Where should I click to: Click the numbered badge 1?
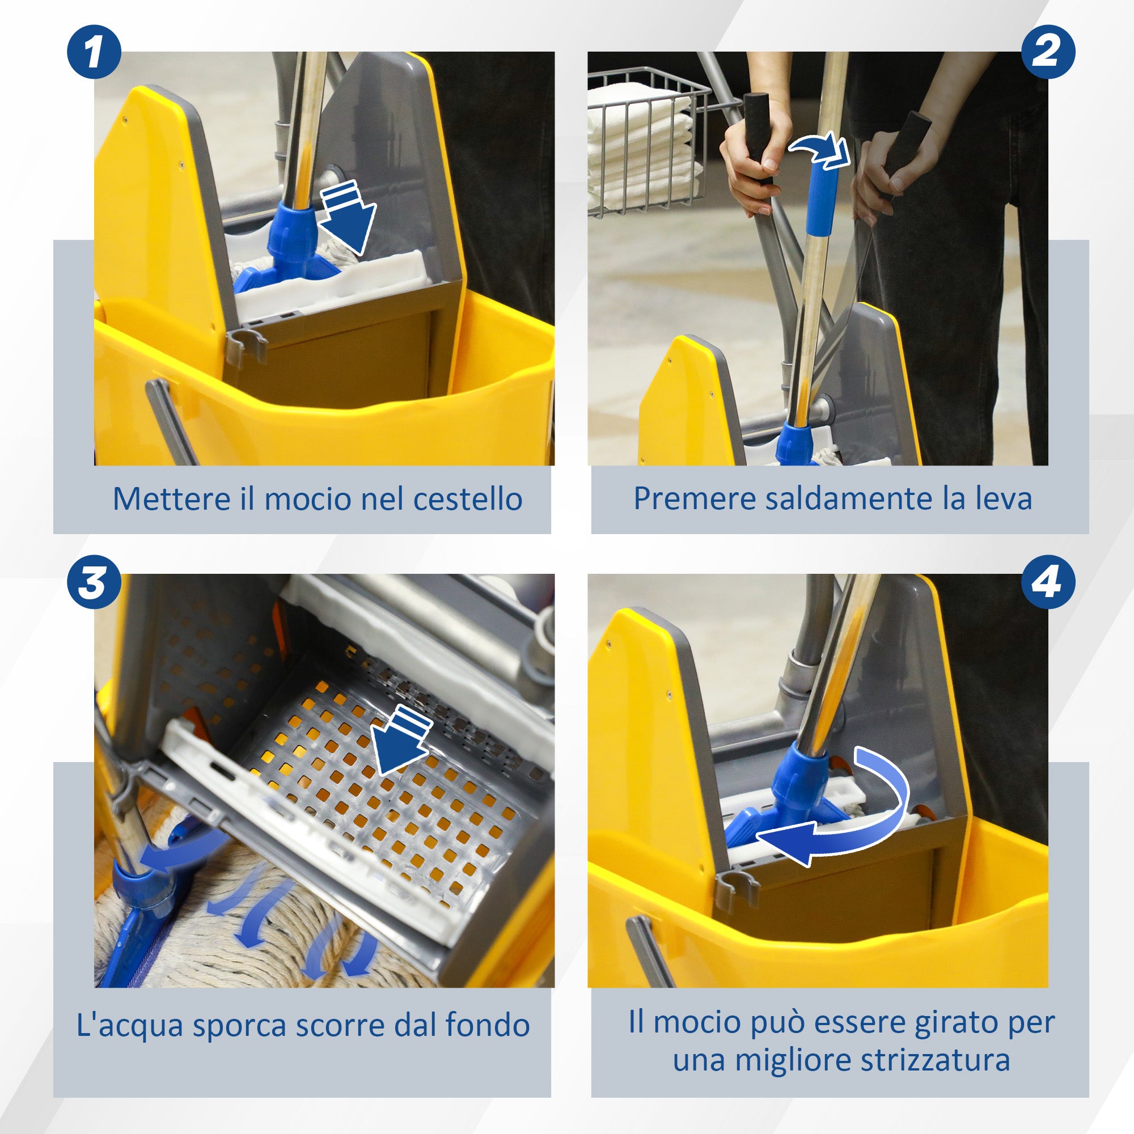94,52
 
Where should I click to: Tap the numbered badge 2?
1048,52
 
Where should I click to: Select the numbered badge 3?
94,582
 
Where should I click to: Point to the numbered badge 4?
1048,582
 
